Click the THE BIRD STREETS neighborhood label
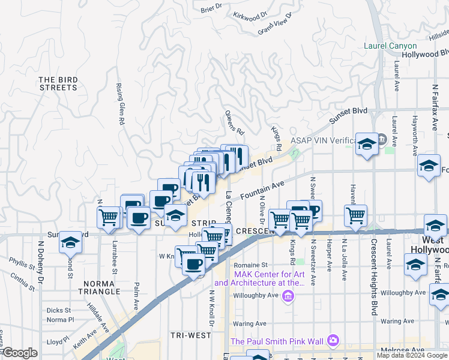[x=58, y=83]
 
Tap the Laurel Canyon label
[x=390, y=46]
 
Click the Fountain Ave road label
[x=262, y=191]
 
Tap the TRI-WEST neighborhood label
[x=188, y=335]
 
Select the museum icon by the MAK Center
[x=288, y=295]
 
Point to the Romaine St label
[x=251, y=264]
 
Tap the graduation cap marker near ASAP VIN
[x=366, y=144]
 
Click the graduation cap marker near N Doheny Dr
[x=70, y=242]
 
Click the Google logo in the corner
[x=20, y=353]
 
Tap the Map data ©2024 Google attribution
[x=412, y=355]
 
